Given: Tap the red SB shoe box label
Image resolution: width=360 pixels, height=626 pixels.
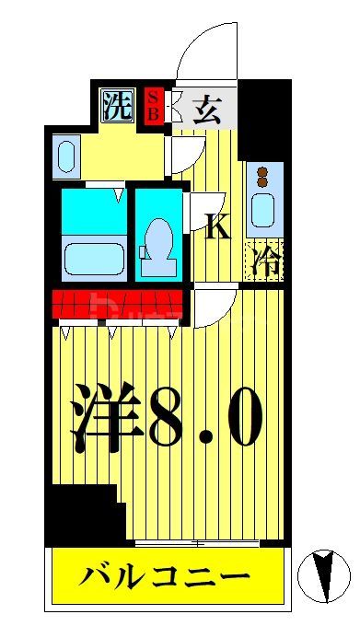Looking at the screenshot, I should (155, 104).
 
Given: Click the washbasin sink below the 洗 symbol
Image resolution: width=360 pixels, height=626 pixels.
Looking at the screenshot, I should (66, 156).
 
